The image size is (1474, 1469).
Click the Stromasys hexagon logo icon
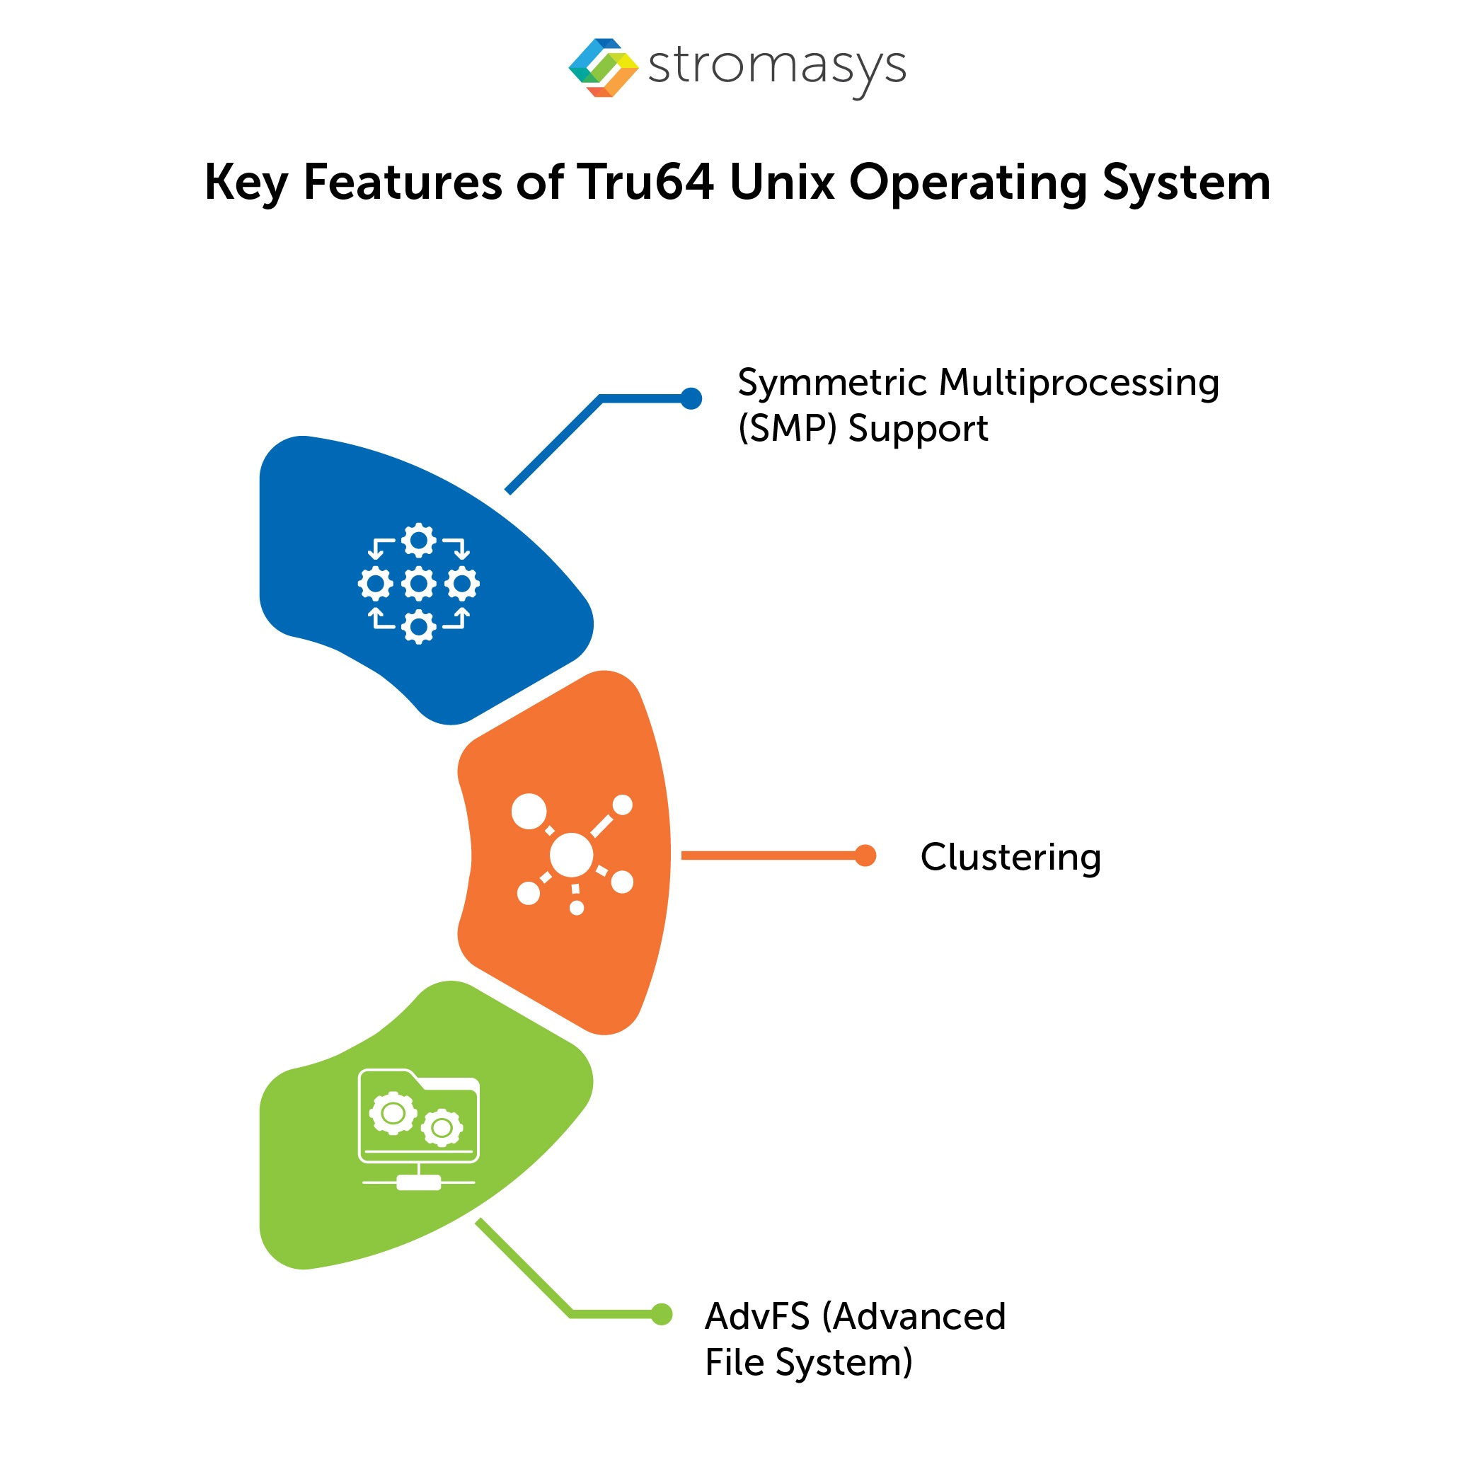[x=604, y=67]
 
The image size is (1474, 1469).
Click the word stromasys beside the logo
[x=777, y=67]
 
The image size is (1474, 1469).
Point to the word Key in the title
[x=245, y=184]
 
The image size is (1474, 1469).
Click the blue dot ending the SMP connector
[x=691, y=398]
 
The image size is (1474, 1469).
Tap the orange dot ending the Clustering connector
[x=865, y=856]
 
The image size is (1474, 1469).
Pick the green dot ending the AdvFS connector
[x=662, y=1313]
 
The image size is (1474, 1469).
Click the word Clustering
[x=1010, y=858]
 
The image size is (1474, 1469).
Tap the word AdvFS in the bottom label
[x=757, y=1315]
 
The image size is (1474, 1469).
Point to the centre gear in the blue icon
[x=419, y=584]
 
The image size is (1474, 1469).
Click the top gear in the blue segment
[x=419, y=541]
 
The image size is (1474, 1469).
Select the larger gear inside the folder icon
[x=393, y=1114]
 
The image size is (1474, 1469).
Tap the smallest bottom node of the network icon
[x=577, y=908]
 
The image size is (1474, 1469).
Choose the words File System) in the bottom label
[x=808, y=1362]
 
